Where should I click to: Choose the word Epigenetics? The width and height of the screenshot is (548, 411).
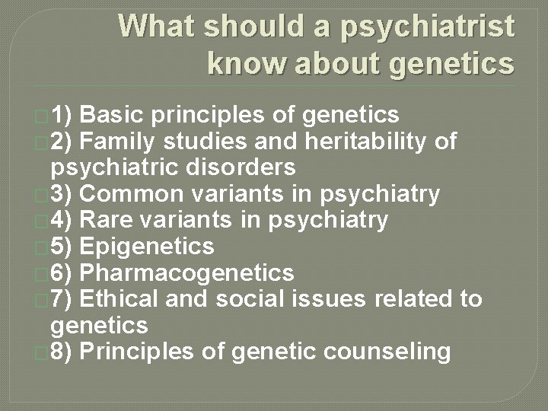146,247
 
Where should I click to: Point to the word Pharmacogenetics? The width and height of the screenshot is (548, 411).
186,272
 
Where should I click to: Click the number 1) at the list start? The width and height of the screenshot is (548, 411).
62,115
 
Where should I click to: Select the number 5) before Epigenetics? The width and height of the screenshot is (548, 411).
62,247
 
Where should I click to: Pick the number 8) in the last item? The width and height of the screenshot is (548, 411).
62,352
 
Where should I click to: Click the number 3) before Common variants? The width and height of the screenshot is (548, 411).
62,193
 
